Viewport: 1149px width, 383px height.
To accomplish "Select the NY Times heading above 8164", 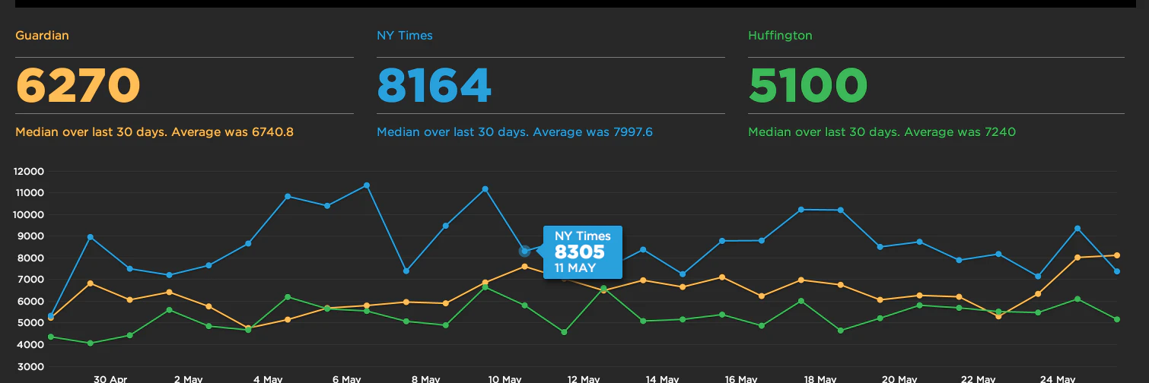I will pos(405,36).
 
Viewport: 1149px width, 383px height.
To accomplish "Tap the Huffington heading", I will pos(779,36).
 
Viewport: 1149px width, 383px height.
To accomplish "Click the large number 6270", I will pos(78,85).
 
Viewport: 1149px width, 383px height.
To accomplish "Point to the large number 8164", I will pos(434,85).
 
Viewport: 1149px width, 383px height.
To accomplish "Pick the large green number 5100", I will pos(808,85).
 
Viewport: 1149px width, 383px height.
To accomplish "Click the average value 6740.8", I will pos(272,132).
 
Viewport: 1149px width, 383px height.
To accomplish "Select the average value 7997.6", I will pos(631,132).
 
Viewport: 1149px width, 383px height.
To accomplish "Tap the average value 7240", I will pos(998,132).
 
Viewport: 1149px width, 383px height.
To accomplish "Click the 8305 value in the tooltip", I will pos(580,252).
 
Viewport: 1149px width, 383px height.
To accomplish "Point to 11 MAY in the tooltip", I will pos(575,268).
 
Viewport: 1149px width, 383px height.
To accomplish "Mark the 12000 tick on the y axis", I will pos(30,171).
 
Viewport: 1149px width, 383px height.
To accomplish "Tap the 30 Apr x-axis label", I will pos(110,378).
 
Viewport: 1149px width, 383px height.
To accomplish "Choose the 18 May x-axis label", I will pos(820,378).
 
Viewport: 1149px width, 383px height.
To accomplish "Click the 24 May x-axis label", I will pos(1057,378).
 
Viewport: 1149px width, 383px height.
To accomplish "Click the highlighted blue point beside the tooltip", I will pos(524,251).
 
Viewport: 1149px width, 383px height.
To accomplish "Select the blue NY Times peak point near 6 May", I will pos(367,185).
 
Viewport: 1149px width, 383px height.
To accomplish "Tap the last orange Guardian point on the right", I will pos(1116,255).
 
